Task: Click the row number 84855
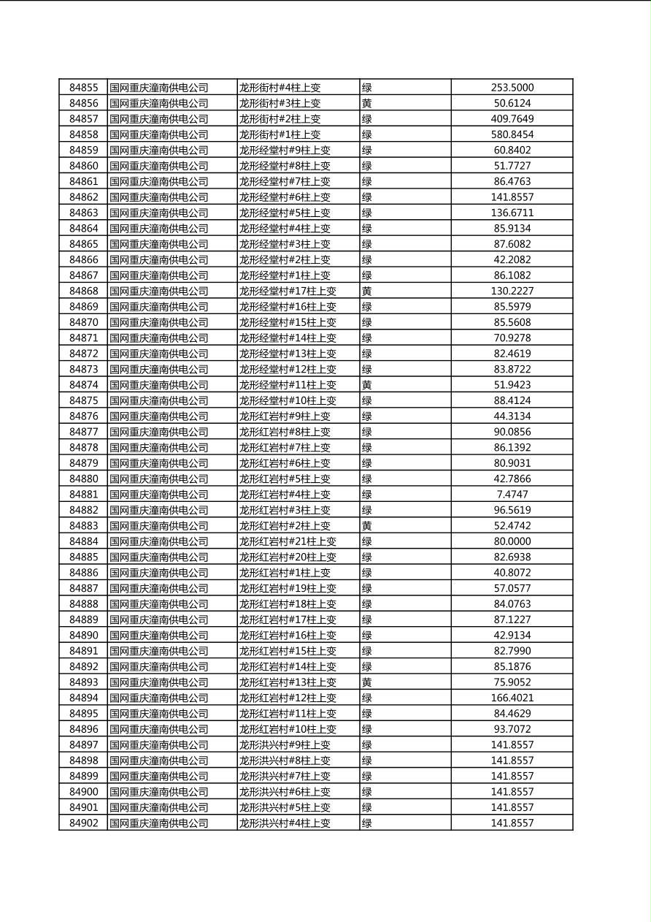pos(83,88)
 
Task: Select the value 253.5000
pos(512,88)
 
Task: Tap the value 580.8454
pos(512,134)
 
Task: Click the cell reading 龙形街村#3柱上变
pos(280,104)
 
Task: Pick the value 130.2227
pos(512,291)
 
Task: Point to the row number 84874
pos(83,385)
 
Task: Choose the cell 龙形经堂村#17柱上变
pos(288,291)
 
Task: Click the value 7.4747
pos(512,495)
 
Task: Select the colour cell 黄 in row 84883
pos(367,526)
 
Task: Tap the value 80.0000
pos(512,541)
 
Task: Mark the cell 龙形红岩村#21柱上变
pos(288,541)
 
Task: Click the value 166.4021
pos(512,698)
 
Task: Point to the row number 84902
pos(83,823)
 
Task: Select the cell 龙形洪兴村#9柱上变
pos(285,744)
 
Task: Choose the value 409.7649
pos(512,119)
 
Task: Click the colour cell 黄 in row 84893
pos(367,682)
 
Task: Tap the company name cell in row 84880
pos(159,479)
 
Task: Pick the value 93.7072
pos(512,729)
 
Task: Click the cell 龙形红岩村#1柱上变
pos(285,573)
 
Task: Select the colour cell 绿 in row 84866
pos(367,259)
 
